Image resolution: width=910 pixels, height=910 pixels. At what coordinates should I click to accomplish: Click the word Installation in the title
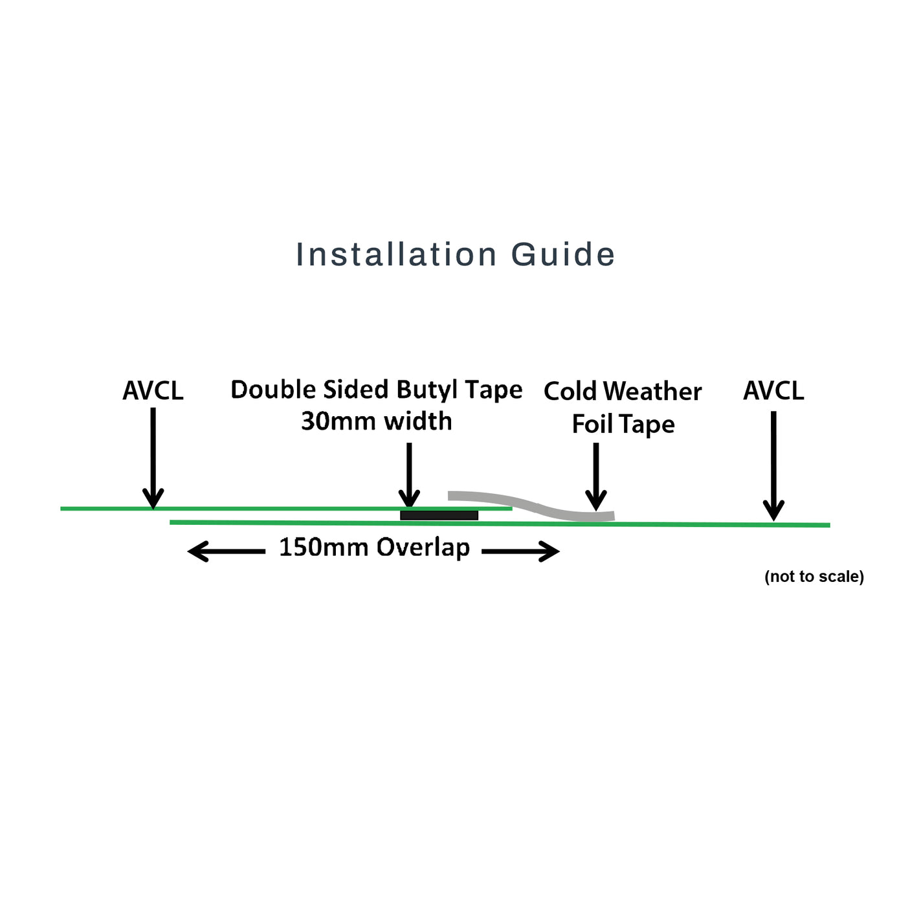[x=396, y=254]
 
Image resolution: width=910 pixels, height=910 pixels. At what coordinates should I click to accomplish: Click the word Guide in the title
[x=562, y=254]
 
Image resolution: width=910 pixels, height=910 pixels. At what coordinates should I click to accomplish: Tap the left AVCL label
[x=153, y=391]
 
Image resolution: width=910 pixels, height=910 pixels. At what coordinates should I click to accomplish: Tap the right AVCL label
[x=773, y=391]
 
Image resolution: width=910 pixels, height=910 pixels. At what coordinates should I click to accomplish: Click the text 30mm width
[x=376, y=421]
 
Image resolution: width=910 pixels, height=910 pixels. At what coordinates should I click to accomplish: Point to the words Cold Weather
[x=623, y=392]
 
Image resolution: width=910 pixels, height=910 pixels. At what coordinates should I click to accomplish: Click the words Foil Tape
[x=623, y=425]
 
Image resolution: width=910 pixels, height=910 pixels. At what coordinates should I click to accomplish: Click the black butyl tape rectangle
[x=439, y=515]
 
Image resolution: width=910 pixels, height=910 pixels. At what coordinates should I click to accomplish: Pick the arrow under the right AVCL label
[x=773, y=466]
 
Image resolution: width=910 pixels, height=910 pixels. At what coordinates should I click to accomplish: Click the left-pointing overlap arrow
[x=226, y=551]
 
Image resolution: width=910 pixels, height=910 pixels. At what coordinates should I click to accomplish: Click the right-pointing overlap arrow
[x=521, y=551]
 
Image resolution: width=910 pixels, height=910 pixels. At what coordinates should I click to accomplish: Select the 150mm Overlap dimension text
[x=374, y=548]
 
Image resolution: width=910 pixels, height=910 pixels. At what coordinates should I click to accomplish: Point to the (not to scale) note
[x=814, y=576]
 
